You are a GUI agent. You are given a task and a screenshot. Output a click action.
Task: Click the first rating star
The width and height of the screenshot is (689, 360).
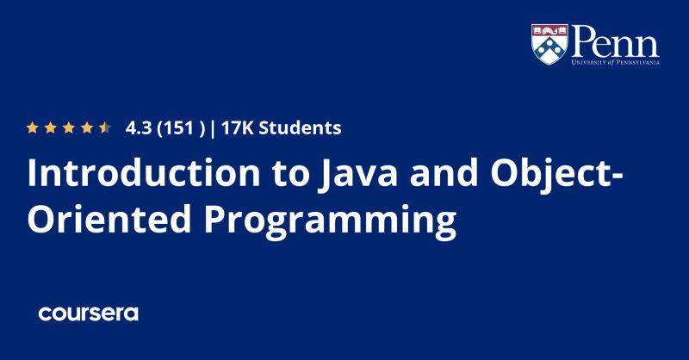(x=32, y=128)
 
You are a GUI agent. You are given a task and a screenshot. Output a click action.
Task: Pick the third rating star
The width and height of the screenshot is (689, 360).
(x=69, y=128)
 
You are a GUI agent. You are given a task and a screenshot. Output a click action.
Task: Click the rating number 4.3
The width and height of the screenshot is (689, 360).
(x=138, y=128)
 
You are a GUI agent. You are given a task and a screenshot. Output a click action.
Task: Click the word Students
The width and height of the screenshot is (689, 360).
(x=302, y=128)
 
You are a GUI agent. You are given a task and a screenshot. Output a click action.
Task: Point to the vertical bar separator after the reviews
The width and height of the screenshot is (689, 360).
(x=212, y=128)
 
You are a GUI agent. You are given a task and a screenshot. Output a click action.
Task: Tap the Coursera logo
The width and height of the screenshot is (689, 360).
(x=88, y=313)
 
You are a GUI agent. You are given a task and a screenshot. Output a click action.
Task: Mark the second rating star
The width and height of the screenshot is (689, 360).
(x=50, y=128)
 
